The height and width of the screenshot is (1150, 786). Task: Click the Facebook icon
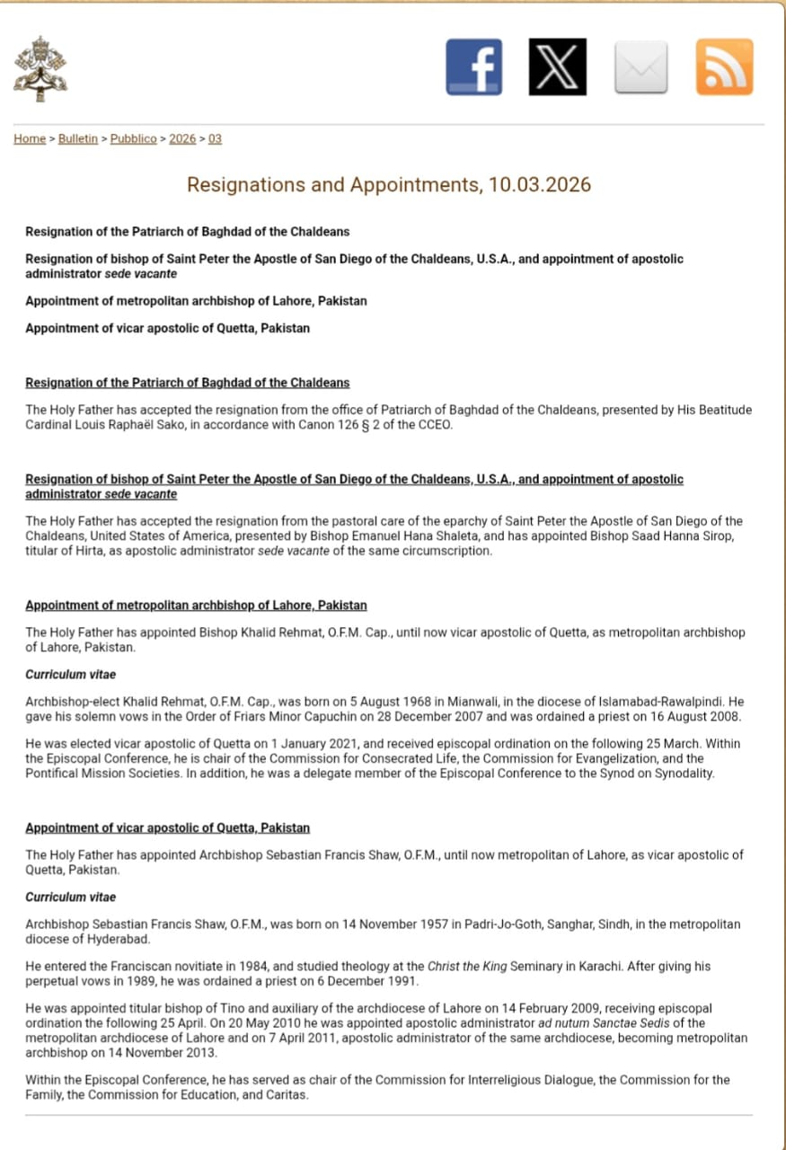473,66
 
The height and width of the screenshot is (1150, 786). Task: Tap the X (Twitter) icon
557,66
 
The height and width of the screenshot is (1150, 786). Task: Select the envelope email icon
640,66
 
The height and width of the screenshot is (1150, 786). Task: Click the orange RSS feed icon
724,66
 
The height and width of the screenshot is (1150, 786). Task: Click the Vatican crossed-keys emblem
40,68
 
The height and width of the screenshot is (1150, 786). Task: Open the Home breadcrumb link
30,138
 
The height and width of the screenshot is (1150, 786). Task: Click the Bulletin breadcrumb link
78,138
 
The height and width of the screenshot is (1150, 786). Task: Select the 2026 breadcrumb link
182,138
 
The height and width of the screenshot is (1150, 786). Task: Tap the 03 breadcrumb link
216,138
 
